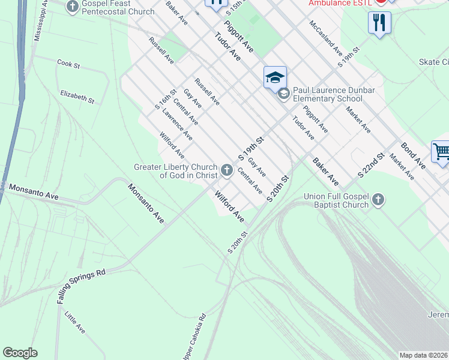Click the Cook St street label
[x=68, y=63]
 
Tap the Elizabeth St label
[x=77, y=97]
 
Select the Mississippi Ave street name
[x=40, y=23]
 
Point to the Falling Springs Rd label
[x=82, y=286]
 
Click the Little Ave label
[x=75, y=322]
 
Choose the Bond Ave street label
[x=413, y=155]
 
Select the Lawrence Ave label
[x=177, y=124]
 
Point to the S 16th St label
[x=166, y=99]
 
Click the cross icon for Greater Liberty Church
[x=227, y=171]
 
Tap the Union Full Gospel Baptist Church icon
[x=378, y=200]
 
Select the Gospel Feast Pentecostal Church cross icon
[x=73, y=7]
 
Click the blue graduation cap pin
[x=275, y=78]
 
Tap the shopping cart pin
[x=441, y=152]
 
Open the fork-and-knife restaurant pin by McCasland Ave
[x=379, y=23]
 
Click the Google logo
[x=20, y=353]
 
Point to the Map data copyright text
[x=424, y=355]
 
